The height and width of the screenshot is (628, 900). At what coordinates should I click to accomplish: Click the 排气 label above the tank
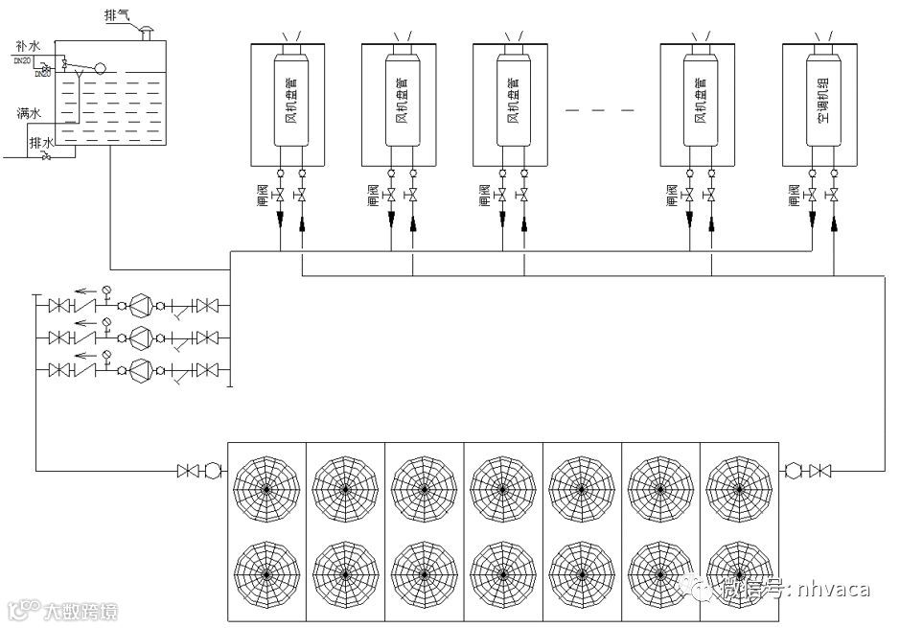click(x=118, y=17)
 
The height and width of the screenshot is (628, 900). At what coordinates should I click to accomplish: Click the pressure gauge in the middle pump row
click(x=106, y=324)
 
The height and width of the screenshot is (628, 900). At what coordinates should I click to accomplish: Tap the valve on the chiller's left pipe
click(x=187, y=471)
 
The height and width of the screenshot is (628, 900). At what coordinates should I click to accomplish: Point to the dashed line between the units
click(x=600, y=111)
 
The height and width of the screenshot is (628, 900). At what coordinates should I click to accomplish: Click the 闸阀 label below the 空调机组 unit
click(x=794, y=196)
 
